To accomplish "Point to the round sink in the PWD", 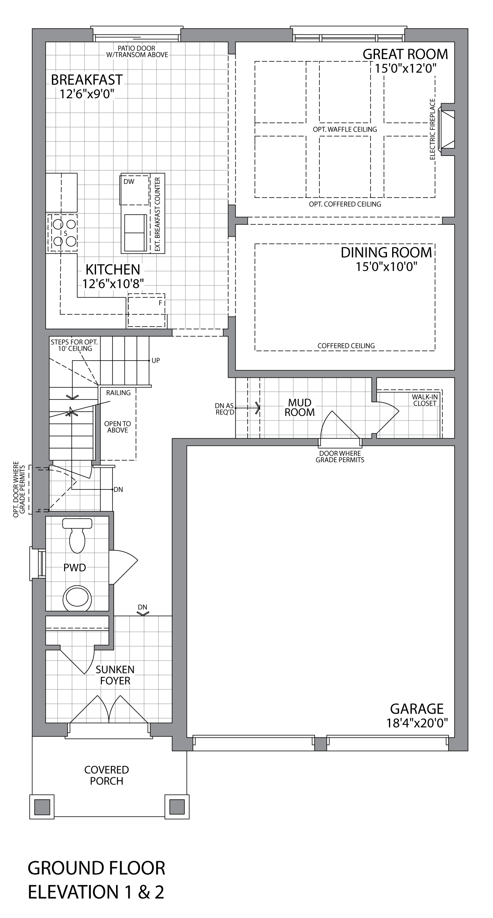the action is tap(77, 598).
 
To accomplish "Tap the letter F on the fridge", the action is tap(160, 303).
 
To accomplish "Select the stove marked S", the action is tap(62, 233).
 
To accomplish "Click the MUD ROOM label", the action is tap(299, 407).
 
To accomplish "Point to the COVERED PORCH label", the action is tap(106, 775).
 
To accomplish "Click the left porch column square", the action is tap(42, 807).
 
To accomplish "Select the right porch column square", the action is tap(177, 807).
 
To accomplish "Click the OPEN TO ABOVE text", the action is tap(118, 427).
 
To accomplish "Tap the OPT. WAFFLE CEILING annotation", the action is tap(345, 129).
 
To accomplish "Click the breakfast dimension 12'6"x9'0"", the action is tap(87, 94).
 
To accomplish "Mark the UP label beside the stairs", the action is tap(156, 361).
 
